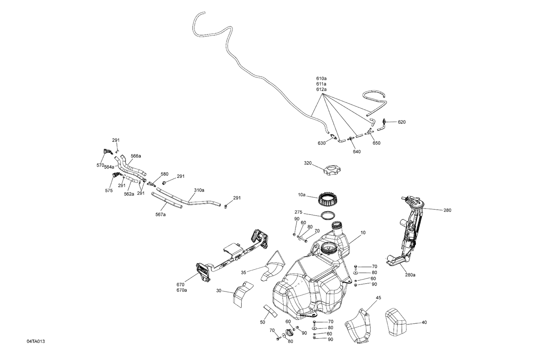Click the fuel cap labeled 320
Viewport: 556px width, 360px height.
pyautogui.click(x=331, y=171)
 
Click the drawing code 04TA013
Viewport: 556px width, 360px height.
pyautogui.click(x=36, y=351)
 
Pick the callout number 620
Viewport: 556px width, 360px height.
pyautogui.click(x=402, y=122)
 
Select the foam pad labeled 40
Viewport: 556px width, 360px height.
pyautogui.click(x=396, y=322)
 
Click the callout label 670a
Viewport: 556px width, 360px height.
pyautogui.click(x=182, y=290)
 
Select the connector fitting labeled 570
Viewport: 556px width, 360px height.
pyautogui.click(x=106, y=151)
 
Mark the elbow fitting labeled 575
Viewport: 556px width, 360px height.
pyautogui.click(x=116, y=175)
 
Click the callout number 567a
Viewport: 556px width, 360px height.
pyautogui.click(x=160, y=214)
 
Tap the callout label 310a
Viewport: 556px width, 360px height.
pyautogui.click(x=199, y=190)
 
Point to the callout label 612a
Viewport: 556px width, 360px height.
pyautogui.click(x=321, y=90)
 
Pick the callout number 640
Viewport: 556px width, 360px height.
pyautogui.click(x=357, y=151)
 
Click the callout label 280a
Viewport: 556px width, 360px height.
pyautogui.click(x=410, y=275)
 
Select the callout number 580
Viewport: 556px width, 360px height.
pyautogui.click(x=164, y=174)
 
